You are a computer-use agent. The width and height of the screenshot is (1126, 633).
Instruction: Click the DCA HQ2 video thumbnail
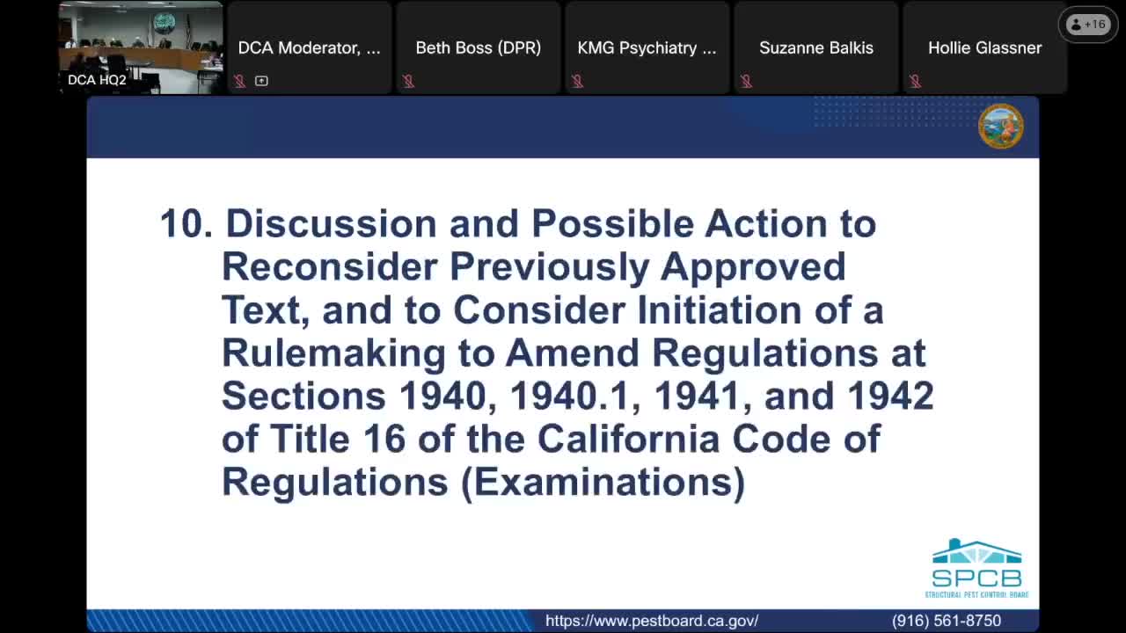pos(141,47)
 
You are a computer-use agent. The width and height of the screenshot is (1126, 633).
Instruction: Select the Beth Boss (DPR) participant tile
pos(478,47)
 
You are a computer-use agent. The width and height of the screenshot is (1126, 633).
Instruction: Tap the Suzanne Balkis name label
pos(815,47)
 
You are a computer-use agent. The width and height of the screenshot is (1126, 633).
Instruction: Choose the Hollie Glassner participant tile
pos(984,47)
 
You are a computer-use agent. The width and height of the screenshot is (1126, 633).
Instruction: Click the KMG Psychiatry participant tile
pos(647,47)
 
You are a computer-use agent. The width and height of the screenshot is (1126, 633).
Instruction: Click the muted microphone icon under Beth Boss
pos(408,81)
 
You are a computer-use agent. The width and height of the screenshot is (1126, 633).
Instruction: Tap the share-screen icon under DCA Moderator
pos(261,81)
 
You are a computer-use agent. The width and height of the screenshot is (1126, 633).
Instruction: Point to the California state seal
pos(1000,126)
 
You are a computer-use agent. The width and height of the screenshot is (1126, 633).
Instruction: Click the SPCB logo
pos(976,569)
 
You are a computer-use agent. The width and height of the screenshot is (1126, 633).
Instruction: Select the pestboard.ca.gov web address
pos(651,621)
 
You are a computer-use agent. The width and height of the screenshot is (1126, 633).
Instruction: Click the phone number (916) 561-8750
pos(946,621)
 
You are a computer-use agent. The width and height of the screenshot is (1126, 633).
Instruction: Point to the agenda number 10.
pos(186,223)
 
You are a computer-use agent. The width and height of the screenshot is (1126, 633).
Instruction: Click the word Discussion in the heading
pos(331,223)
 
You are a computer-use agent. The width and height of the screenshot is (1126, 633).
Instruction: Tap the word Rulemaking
pos(333,353)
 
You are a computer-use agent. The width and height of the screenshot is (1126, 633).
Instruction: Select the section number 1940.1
pos(569,396)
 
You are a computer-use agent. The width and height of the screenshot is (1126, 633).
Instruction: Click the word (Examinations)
pos(603,482)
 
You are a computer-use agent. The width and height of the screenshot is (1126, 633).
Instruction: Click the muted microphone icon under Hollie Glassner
pos(915,81)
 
